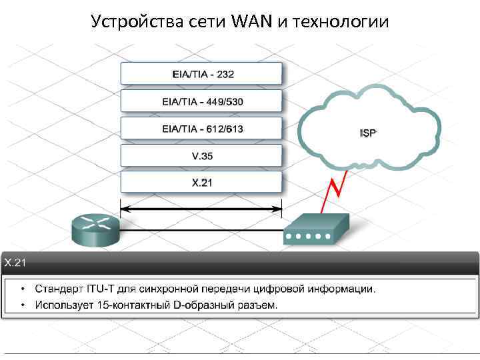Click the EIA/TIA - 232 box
tap(201, 74)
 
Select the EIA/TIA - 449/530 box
tap(201, 101)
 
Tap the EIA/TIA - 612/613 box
tap(201, 128)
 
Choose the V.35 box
tap(201, 155)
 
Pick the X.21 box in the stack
tap(201, 182)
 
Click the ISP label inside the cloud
tap(368, 133)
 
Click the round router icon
tap(95, 229)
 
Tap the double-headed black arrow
tap(201, 209)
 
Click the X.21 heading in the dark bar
tap(15, 263)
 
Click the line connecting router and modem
tap(201, 231)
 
